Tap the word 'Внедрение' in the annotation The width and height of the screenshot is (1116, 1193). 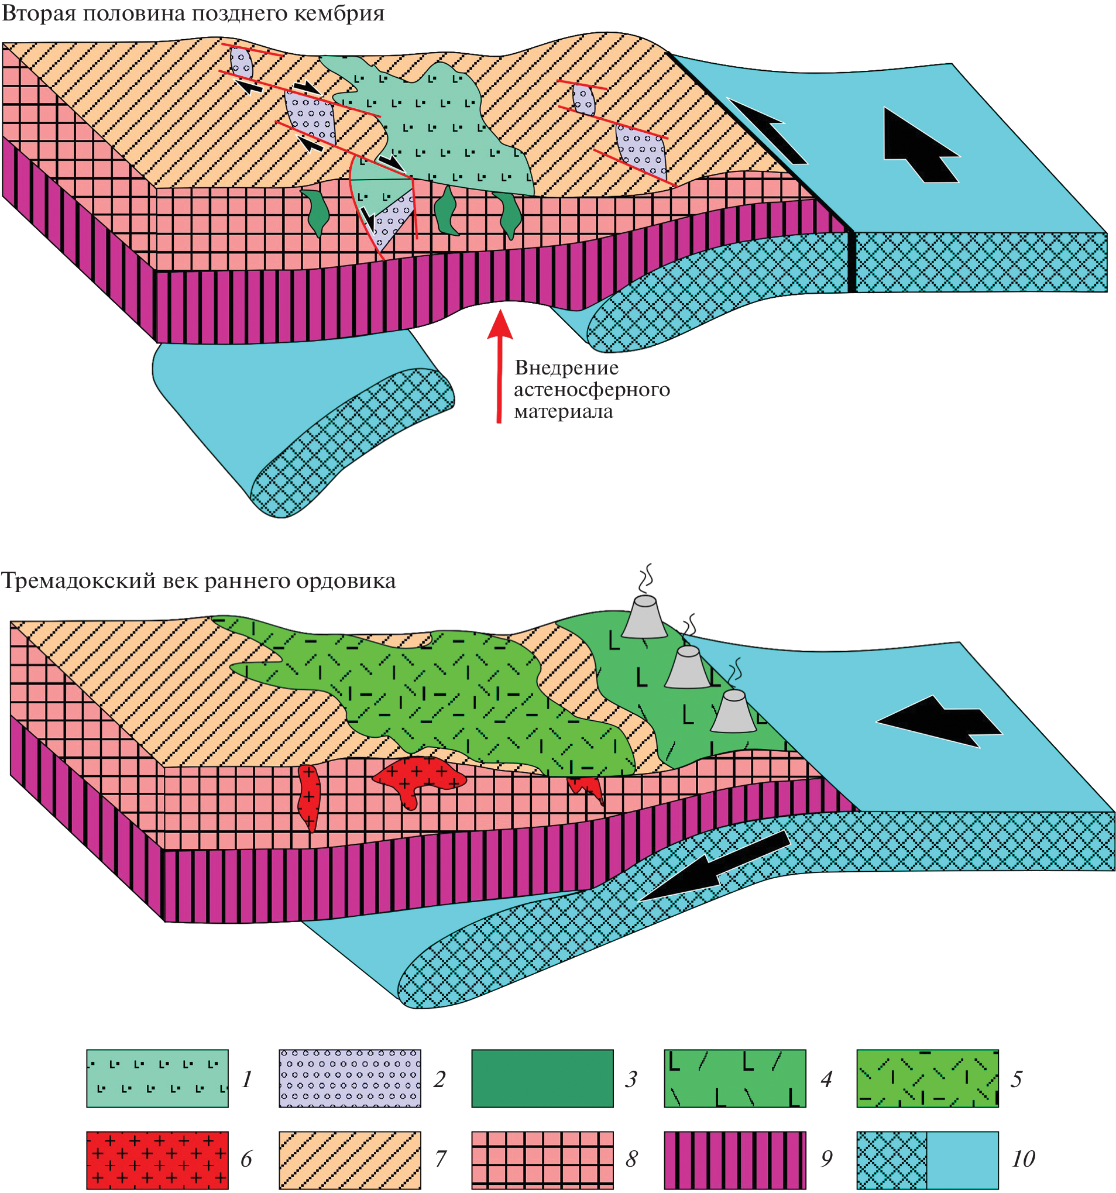click(x=566, y=367)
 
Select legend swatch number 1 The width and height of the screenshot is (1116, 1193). click(x=157, y=1078)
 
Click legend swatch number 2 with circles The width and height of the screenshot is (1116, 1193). click(x=349, y=1078)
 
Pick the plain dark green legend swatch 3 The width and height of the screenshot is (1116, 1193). click(x=542, y=1078)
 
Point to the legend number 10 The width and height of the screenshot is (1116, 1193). click(x=1023, y=1159)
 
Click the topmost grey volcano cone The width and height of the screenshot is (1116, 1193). click(x=644, y=617)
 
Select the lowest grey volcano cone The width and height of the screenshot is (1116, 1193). click(x=733, y=712)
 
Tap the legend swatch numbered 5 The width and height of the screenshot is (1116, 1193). click(x=927, y=1078)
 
